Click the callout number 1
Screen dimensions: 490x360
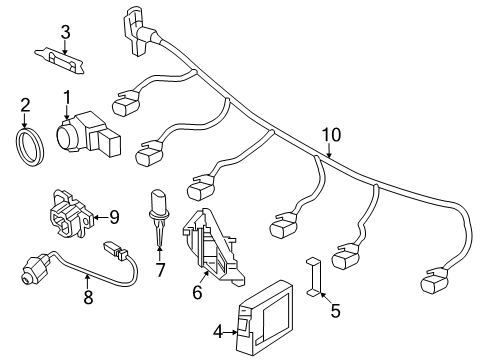tap(67, 98)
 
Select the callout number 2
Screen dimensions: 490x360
tap(25, 105)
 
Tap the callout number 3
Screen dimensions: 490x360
tap(66, 32)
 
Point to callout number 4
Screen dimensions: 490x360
tap(218, 332)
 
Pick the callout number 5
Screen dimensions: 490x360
tap(335, 311)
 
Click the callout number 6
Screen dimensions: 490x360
tap(197, 292)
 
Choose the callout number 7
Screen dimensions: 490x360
tap(160, 270)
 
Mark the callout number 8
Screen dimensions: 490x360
tap(88, 297)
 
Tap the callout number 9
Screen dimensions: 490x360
tap(114, 217)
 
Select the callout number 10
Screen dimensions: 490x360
tap(332, 135)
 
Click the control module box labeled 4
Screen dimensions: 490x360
tap(264, 317)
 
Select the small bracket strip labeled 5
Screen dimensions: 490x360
tap(313, 277)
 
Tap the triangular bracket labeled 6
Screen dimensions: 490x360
tap(213, 247)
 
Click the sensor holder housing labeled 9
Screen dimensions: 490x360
tap(71, 214)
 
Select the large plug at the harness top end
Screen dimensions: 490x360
tap(138, 31)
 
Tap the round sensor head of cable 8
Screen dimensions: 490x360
tap(32, 269)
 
